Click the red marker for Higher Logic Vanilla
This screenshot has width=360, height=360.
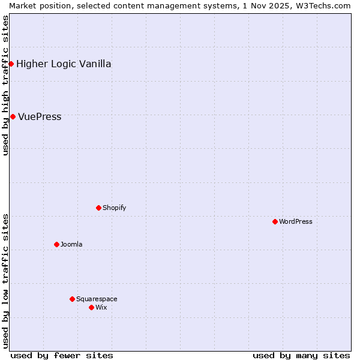(11, 64)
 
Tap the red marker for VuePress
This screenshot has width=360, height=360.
(13, 116)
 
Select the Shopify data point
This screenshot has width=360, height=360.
(98, 208)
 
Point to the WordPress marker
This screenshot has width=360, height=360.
(275, 221)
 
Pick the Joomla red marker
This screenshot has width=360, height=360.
(56, 244)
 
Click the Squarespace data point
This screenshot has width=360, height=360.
(72, 299)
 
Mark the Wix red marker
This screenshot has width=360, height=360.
(91, 307)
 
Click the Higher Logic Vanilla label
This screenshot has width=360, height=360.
(64, 64)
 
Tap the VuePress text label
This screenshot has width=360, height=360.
(40, 117)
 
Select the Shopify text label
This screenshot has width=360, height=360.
(114, 208)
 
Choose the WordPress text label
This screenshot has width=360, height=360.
(295, 222)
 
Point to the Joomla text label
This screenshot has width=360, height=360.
(71, 245)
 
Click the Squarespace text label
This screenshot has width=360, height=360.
(97, 299)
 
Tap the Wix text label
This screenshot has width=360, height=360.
(101, 308)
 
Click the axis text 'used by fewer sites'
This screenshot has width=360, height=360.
(62, 355)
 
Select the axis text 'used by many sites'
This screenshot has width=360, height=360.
(301, 355)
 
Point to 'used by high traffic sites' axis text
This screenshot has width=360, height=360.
(5, 85)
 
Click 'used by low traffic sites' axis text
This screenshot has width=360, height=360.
(5, 281)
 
